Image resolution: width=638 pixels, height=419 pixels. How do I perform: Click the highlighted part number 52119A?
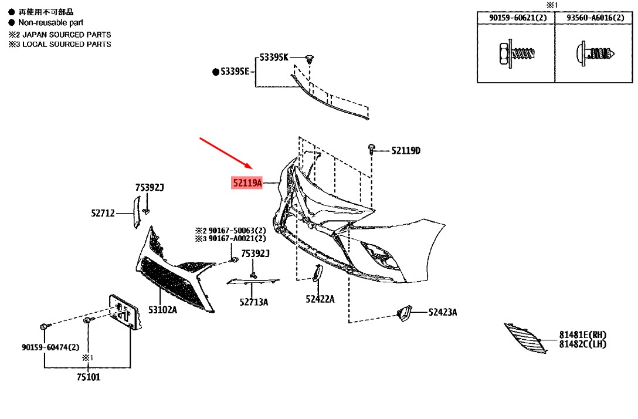tap(247, 183)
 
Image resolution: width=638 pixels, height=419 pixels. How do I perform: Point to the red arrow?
tap(226, 153)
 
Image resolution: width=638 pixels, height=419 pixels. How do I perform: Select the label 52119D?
tap(406, 151)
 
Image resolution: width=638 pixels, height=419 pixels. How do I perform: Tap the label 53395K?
tap(273, 58)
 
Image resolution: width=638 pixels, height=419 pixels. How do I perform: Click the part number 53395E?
tap(235, 72)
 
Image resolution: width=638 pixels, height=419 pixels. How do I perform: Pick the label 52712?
tap(103, 213)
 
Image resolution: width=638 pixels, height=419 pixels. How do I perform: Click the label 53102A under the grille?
tap(162, 310)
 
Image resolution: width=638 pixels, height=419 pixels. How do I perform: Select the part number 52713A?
tap(253, 302)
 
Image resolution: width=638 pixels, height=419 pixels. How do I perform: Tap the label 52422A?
tap(320, 299)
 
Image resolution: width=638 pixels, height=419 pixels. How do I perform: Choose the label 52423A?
tap(443, 312)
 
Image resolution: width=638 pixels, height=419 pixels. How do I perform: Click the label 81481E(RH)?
tap(583, 334)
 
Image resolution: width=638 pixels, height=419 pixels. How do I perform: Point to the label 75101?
tap(89, 377)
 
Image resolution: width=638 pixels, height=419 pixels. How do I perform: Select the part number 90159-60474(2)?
tap(50, 347)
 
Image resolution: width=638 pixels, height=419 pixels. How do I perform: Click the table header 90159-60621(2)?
tap(518, 18)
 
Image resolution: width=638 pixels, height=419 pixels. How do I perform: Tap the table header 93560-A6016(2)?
tap(595, 18)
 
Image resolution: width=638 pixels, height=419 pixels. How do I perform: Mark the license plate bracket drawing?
tap(124, 312)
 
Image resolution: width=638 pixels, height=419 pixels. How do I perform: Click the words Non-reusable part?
tap(50, 23)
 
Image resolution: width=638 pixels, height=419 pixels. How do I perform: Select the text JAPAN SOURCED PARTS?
tap(67, 35)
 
